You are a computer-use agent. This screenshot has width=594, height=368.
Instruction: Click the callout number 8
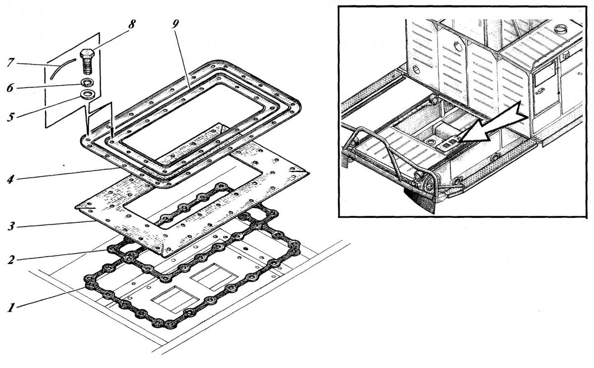coord(132,24)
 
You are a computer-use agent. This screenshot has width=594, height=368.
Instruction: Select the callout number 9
coord(175,24)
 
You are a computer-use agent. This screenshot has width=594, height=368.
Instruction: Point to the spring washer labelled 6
coord(87,82)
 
